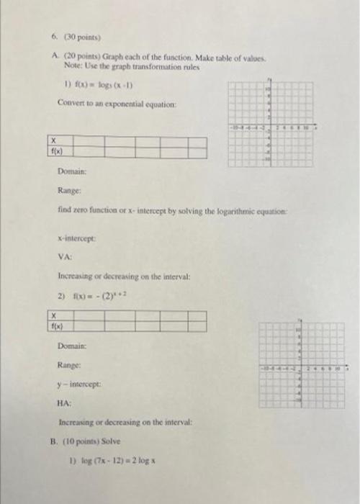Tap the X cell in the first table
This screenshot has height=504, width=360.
(x=55, y=142)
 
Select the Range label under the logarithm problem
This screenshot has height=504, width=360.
(x=69, y=192)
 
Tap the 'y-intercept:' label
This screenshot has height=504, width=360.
(x=81, y=384)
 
